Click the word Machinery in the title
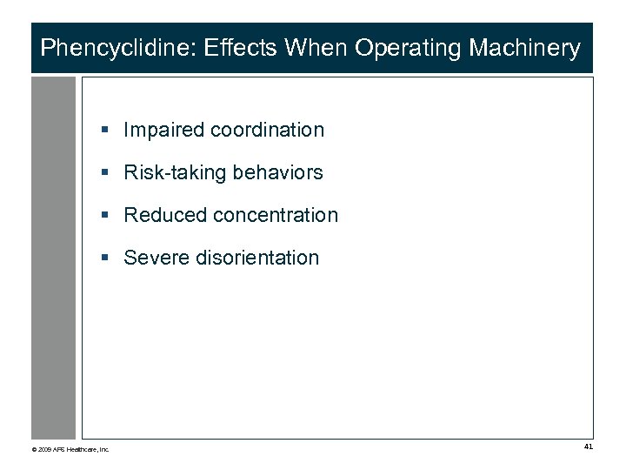[524, 48]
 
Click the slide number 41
[589, 446]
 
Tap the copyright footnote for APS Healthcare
[70, 449]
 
